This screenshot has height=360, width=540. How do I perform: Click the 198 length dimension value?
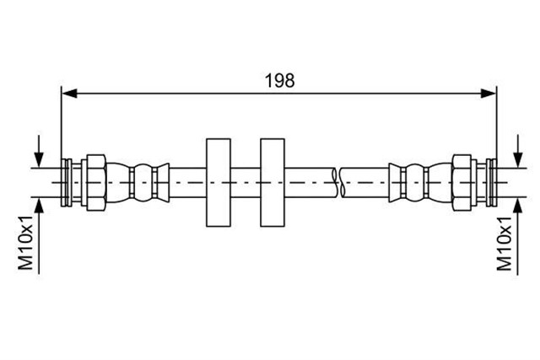pos(279,81)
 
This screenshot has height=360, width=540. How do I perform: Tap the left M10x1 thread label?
pos(26,243)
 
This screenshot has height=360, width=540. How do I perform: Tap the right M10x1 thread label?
pos(504,244)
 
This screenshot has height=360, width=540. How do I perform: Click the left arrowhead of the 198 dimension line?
pos(69,94)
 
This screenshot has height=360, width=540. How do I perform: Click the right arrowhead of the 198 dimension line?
pos(489,94)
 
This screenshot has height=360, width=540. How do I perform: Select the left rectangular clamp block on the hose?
pos(219,182)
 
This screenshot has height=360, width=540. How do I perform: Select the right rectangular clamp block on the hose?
pos(273,182)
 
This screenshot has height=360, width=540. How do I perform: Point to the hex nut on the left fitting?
pos(96,182)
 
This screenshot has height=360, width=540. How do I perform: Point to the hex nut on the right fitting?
pos(462,182)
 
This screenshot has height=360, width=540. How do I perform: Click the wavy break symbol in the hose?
pos(338,182)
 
